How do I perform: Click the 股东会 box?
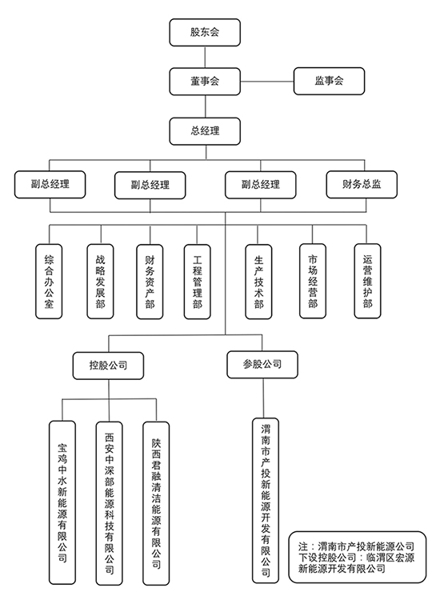click(x=205, y=33)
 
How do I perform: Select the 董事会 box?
click(x=205, y=82)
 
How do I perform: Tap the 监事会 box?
click(x=329, y=81)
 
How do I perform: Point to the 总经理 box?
click(x=205, y=131)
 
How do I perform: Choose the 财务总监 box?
click(x=362, y=185)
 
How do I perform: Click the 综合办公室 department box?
click(x=49, y=282)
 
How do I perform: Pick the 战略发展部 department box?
click(x=101, y=282)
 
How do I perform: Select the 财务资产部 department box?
click(x=150, y=282)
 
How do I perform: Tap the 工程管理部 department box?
click(x=198, y=282)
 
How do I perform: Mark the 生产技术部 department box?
click(x=258, y=282)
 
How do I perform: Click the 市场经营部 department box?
click(x=313, y=281)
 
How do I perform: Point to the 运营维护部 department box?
click(x=367, y=281)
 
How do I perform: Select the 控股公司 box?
click(x=108, y=366)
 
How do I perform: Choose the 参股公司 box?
click(x=262, y=365)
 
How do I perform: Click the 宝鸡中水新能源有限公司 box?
click(x=62, y=502)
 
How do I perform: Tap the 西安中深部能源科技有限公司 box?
click(x=110, y=503)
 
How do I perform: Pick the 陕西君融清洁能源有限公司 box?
click(x=156, y=503)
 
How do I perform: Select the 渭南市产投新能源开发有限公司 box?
click(x=266, y=501)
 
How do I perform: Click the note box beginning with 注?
click(x=357, y=558)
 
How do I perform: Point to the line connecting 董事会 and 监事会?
click(x=267, y=82)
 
